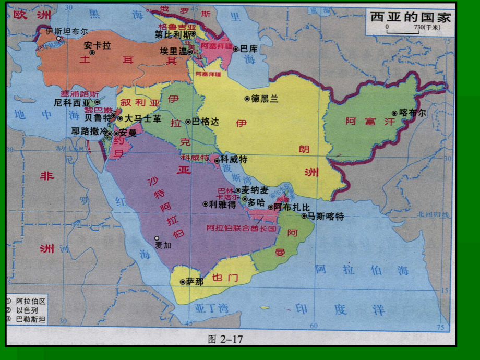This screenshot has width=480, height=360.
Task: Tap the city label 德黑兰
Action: (x=265, y=98)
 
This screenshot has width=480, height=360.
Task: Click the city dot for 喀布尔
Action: (x=395, y=113)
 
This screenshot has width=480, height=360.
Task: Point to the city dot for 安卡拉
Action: (x=92, y=52)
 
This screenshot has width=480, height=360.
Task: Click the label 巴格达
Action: (x=206, y=121)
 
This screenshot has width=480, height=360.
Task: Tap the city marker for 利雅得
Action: (x=205, y=204)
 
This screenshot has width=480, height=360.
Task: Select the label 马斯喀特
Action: (x=326, y=216)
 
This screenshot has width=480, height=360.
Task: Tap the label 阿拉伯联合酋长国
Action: (x=241, y=228)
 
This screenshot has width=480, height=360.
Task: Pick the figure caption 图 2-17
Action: (x=225, y=339)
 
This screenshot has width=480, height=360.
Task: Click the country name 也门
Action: (x=225, y=277)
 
